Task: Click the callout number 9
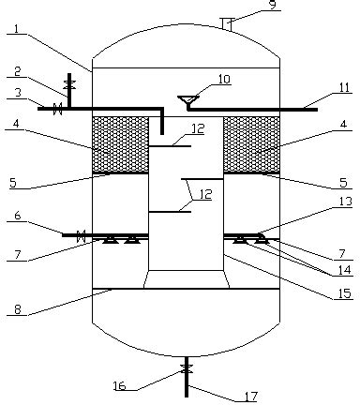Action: click(x=274, y=5)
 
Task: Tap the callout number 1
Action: click(x=17, y=29)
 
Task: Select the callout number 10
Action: click(x=224, y=80)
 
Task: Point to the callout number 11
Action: click(x=344, y=88)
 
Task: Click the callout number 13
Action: click(x=346, y=202)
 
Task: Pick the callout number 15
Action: click(x=346, y=293)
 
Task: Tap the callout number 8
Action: click(x=18, y=309)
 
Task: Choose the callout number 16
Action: click(x=119, y=386)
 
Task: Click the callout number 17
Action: click(x=251, y=397)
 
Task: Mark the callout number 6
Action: click(x=18, y=216)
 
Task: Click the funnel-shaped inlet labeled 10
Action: click(x=188, y=100)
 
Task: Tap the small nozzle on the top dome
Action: click(x=227, y=24)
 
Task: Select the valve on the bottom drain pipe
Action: click(x=187, y=368)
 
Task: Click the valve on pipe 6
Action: click(x=82, y=236)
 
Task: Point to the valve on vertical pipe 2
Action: click(x=69, y=84)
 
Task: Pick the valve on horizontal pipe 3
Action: click(x=57, y=109)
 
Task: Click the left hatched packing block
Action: click(x=120, y=144)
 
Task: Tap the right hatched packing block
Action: click(x=251, y=144)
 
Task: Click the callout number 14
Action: click(x=345, y=270)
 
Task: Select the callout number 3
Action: click(x=17, y=93)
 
